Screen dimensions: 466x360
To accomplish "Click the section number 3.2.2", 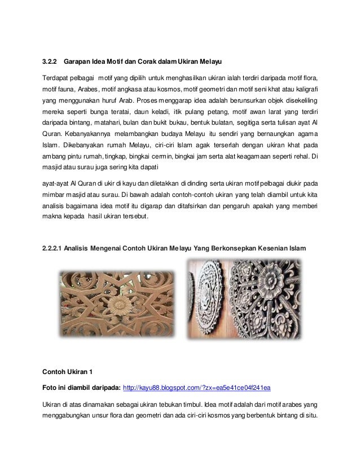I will tap(50, 61).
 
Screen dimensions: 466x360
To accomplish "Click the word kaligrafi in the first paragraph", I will tap(305, 90).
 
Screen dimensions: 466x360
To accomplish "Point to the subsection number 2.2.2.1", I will tap(56, 249).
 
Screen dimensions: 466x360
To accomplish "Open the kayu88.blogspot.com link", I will tap(196, 388).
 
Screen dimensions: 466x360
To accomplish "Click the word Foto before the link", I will tap(51, 388).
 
